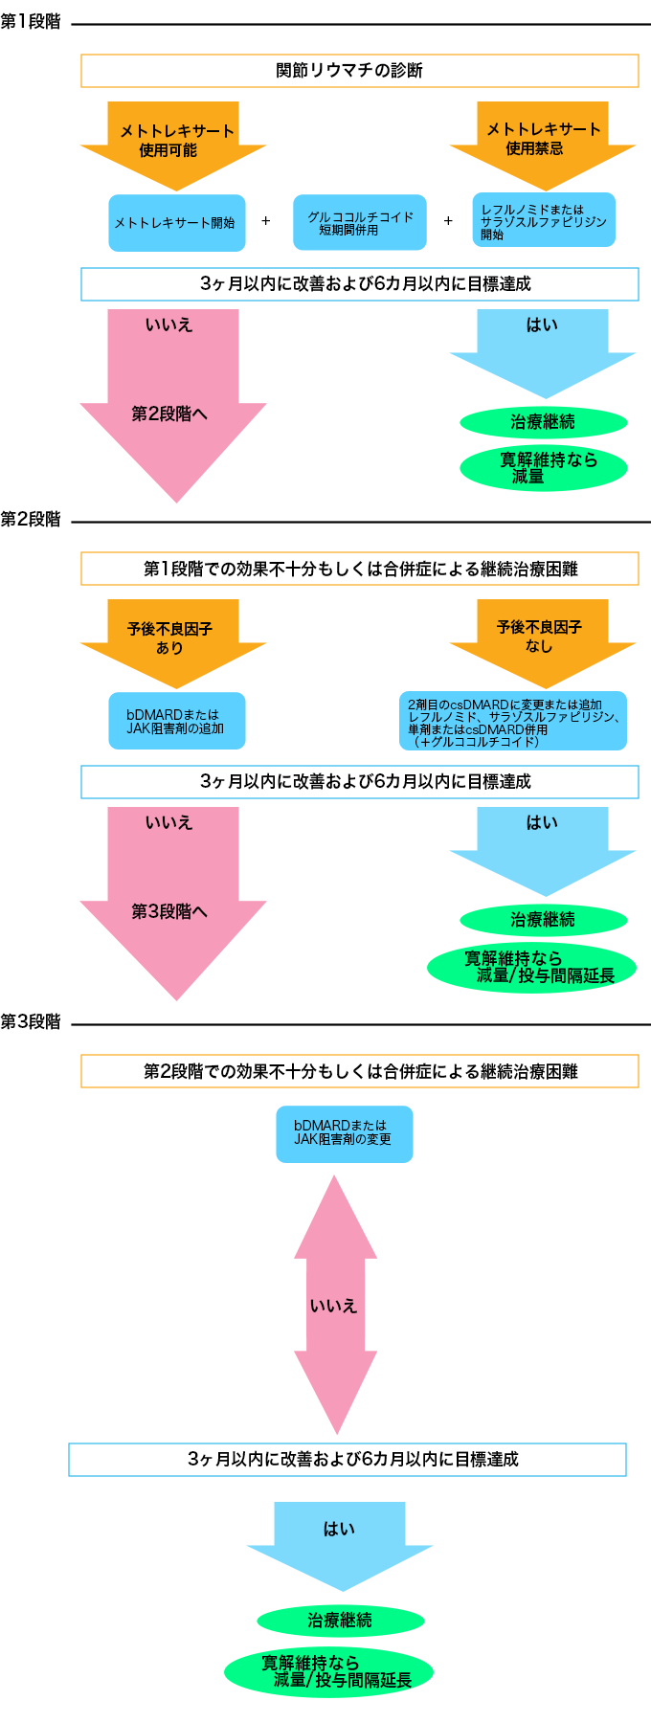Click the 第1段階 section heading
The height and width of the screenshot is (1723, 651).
point(31,22)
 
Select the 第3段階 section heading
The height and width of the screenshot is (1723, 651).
point(31,1022)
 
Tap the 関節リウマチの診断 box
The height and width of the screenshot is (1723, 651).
point(359,71)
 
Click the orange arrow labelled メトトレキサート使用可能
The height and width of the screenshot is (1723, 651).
point(173,142)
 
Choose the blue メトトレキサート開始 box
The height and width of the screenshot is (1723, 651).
point(176,223)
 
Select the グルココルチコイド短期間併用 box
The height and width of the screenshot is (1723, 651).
point(359,223)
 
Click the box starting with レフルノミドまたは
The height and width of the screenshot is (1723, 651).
point(543,220)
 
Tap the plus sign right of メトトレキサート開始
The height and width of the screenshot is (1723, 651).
point(266,221)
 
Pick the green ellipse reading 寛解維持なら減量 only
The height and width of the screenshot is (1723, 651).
point(543,468)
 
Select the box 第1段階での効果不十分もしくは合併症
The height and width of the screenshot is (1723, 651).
point(359,569)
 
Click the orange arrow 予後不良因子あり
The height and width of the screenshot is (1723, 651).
point(173,639)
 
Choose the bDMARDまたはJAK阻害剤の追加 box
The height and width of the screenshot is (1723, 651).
point(176,721)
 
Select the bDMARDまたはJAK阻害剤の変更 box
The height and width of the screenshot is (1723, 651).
point(344,1133)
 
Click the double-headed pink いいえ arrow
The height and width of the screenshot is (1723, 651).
point(335,1305)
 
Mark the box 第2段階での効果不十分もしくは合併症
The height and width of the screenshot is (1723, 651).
point(359,1071)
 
